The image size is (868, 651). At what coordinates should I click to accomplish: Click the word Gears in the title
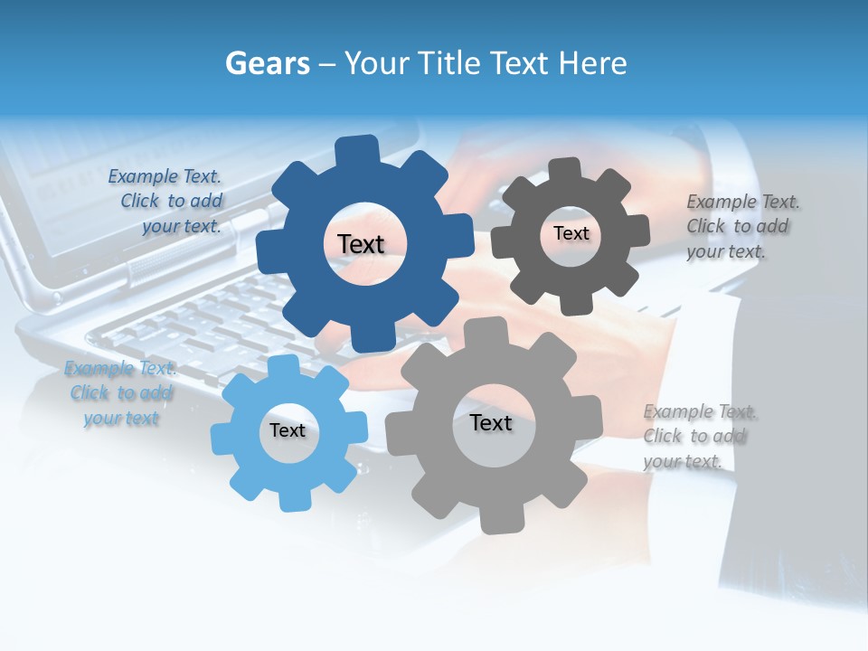coord(267,63)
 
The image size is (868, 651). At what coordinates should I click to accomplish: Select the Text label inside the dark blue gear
coord(361,244)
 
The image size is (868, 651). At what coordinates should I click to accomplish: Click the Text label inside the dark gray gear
coord(571,233)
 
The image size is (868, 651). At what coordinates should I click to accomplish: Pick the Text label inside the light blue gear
coord(288,431)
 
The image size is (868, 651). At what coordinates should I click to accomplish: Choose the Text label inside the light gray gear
coord(491,423)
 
